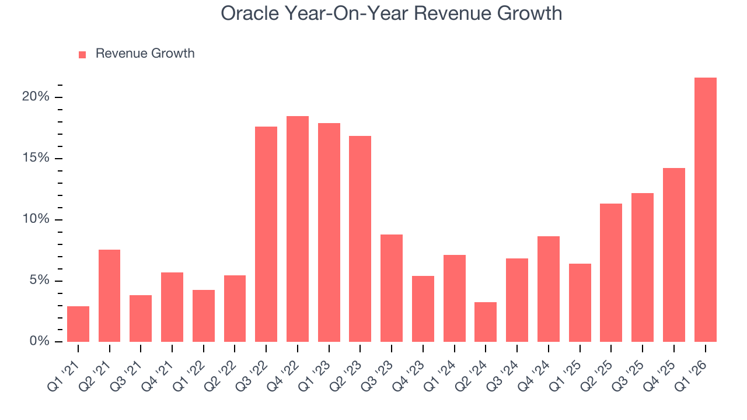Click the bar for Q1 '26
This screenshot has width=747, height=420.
click(x=705, y=210)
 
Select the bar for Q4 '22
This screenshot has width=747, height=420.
click(x=298, y=229)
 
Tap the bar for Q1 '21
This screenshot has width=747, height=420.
click(x=78, y=324)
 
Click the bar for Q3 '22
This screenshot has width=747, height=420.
click(x=266, y=234)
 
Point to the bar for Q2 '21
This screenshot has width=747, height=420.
click(x=109, y=296)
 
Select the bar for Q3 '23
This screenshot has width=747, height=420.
click(x=392, y=288)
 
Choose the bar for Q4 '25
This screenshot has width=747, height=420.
click(x=673, y=255)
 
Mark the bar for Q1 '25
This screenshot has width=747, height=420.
click(x=580, y=303)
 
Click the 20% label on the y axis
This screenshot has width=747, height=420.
click(x=36, y=97)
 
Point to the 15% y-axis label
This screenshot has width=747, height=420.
click(x=36, y=158)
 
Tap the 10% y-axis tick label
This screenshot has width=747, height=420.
click(x=36, y=219)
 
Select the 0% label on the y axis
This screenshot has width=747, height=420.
click(x=39, y=341)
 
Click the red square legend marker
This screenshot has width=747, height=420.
click(x=82, y=54)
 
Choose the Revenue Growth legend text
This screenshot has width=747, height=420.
click(x=145, y=54)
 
